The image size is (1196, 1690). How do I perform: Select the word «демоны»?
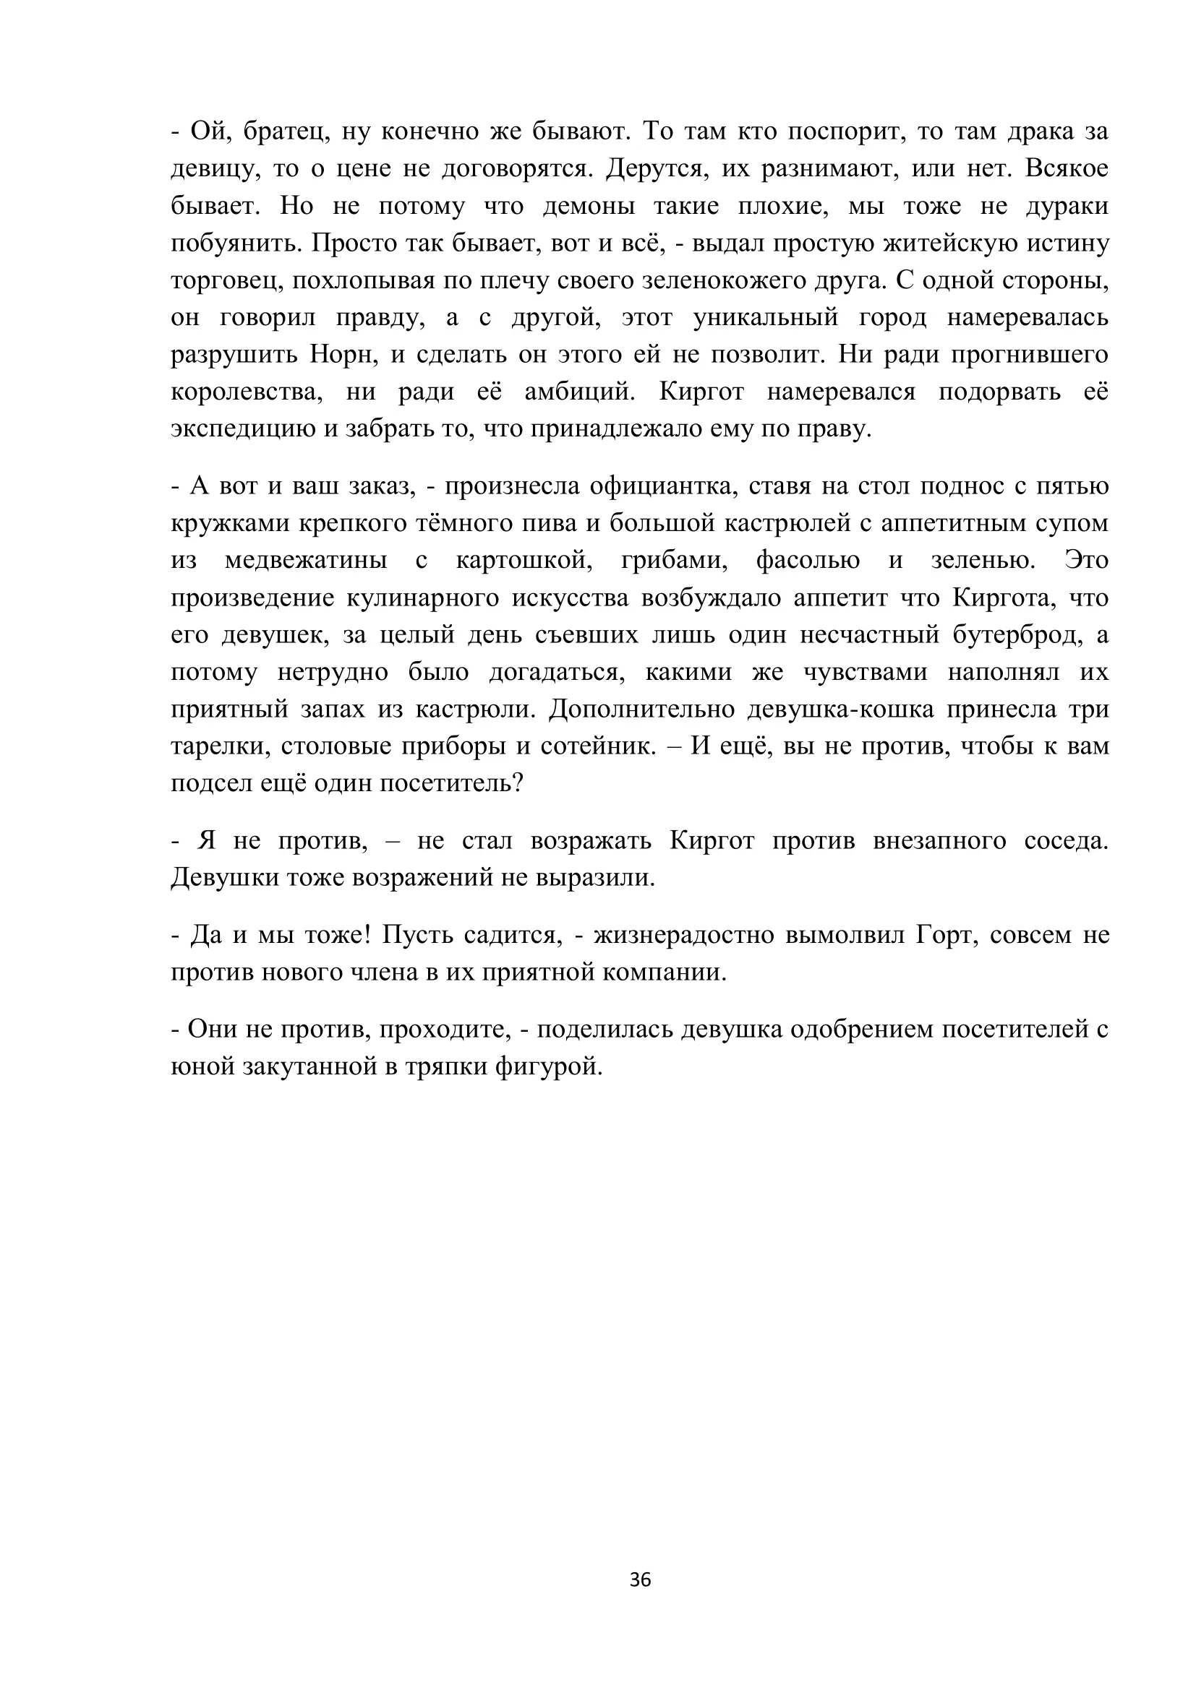tap(589, 207)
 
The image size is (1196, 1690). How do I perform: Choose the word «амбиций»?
tap(580, 392)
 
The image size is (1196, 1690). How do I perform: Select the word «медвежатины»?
tap(306, 561)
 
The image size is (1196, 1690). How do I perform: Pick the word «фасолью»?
tap(808, 561)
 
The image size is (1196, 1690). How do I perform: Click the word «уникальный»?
tap(766, 318)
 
